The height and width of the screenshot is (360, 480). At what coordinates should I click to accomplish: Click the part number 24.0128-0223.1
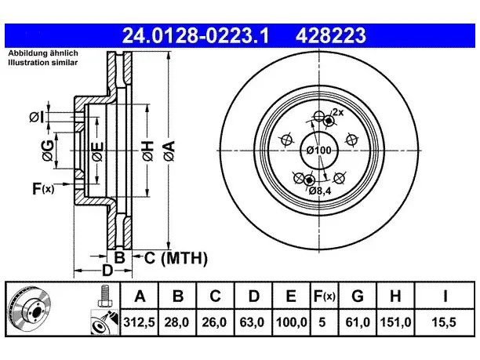point(195,35)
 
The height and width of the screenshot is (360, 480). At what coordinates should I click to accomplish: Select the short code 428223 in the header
point(331,35)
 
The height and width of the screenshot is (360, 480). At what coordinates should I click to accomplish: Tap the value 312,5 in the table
point(140,322)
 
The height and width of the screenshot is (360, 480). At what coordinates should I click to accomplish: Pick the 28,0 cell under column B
point(177,322)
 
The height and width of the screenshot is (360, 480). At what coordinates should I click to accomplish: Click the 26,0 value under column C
point(215,322)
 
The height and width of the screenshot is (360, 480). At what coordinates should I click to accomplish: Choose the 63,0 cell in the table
point(253,322)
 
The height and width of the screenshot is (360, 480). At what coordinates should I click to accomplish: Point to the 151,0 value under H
point(395,322)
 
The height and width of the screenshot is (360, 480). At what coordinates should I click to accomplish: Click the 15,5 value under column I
point(444,322)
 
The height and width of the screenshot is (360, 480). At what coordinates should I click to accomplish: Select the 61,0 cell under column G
point(358,322)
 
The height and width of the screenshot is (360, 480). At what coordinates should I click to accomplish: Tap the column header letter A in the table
point(140,296)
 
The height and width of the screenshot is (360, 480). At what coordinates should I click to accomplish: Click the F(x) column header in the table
point(325,296)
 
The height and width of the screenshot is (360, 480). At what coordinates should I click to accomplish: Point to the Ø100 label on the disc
point(319,151)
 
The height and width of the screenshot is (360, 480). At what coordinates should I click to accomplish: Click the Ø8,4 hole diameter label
point(320,191)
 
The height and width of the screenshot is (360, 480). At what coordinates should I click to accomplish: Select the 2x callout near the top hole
point(338,112)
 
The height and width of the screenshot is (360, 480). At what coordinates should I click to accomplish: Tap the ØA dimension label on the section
point(169,151)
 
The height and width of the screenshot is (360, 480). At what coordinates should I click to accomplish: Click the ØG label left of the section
point(48,151)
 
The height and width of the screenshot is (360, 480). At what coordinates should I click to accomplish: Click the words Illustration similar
point(43,63)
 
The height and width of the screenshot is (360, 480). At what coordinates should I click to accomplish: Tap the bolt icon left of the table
point(104,296)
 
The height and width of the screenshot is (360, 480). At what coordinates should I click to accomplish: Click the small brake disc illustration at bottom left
point(30,308)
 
